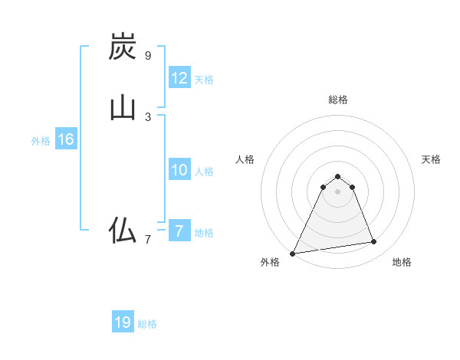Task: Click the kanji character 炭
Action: [123, 47]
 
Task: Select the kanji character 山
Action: [123, 107]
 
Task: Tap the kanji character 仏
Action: [123, 230]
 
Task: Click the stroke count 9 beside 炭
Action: [148, 56]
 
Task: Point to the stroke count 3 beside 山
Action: [148, 116]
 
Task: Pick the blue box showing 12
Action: [179, 78]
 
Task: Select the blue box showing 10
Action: [179, 170]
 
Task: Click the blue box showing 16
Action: [66, 139]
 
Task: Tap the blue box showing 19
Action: [123, 322]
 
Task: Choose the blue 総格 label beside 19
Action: [147, 324]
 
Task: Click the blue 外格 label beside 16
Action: [41, 141]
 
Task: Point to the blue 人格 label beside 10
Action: [205, 172]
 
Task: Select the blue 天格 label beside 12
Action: [205, 80]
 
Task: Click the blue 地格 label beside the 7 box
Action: [205, 233]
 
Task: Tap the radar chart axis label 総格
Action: [338, 100]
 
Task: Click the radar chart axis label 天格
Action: [431, 159]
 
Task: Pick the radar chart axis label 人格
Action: [245, 159]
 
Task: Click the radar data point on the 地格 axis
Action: [374, 242]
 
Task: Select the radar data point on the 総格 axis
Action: [337, 177]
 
